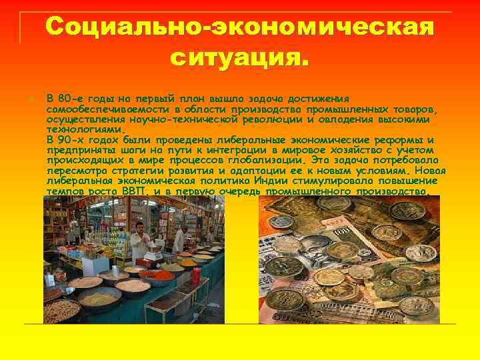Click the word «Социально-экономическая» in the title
coord(240,29)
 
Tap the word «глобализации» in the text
coord(266,161)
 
